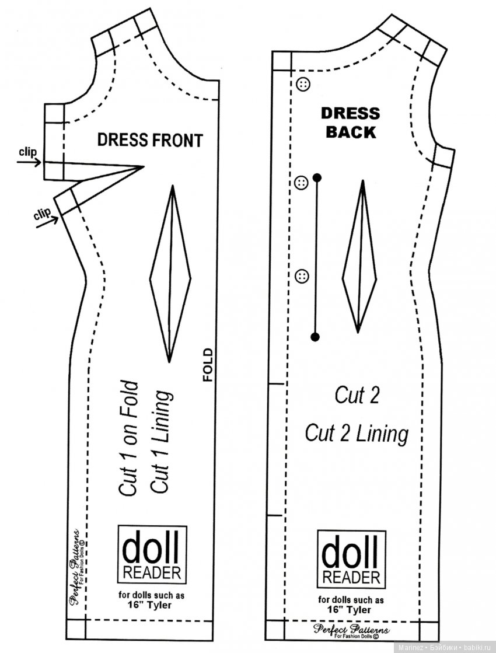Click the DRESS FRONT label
(149, 140)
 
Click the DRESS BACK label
(350, 123)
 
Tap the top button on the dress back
(303, 84)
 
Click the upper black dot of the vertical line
(317, 176)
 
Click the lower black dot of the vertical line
(316, 336)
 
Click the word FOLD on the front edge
(208, 365)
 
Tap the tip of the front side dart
(144, 167)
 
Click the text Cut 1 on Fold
(129, 439)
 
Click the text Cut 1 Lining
(162, 442)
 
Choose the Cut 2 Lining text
(357, 433)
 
